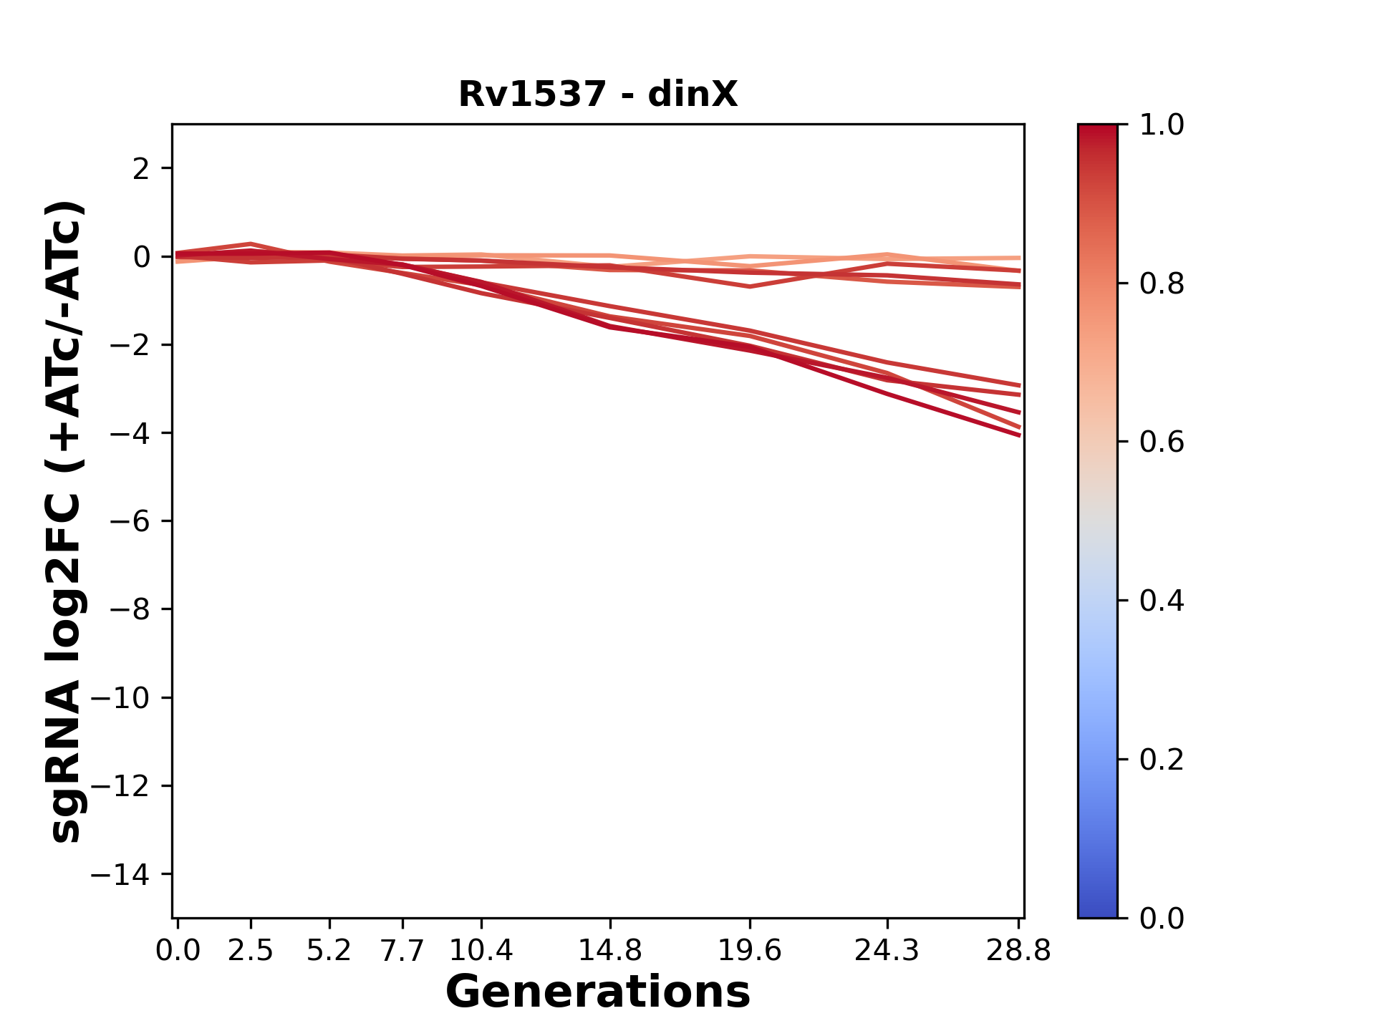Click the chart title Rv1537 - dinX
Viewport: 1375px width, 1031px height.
598,95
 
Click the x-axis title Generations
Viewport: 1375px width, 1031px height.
598,992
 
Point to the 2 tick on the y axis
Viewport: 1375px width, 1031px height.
141,169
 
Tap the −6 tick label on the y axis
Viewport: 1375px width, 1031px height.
130,521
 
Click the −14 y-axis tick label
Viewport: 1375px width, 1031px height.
120,874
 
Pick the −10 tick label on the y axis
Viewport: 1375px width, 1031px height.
120,698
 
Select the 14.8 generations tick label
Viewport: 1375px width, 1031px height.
609,950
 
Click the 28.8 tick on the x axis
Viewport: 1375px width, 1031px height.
1019,950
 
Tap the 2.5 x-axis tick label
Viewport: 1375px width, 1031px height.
251,950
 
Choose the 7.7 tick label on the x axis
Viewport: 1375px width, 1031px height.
402,950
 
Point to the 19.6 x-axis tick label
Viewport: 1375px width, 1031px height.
750,950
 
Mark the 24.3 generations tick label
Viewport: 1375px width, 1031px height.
887,950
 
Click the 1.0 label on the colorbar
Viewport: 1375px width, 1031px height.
1162,125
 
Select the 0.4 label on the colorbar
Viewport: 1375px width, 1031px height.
1162,601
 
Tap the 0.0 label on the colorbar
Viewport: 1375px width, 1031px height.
1162,918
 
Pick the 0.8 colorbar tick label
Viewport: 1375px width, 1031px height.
1162,284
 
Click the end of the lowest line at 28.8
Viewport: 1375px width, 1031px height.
1019,435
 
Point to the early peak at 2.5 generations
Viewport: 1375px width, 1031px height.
251,245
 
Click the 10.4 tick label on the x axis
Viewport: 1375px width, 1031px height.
481,950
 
